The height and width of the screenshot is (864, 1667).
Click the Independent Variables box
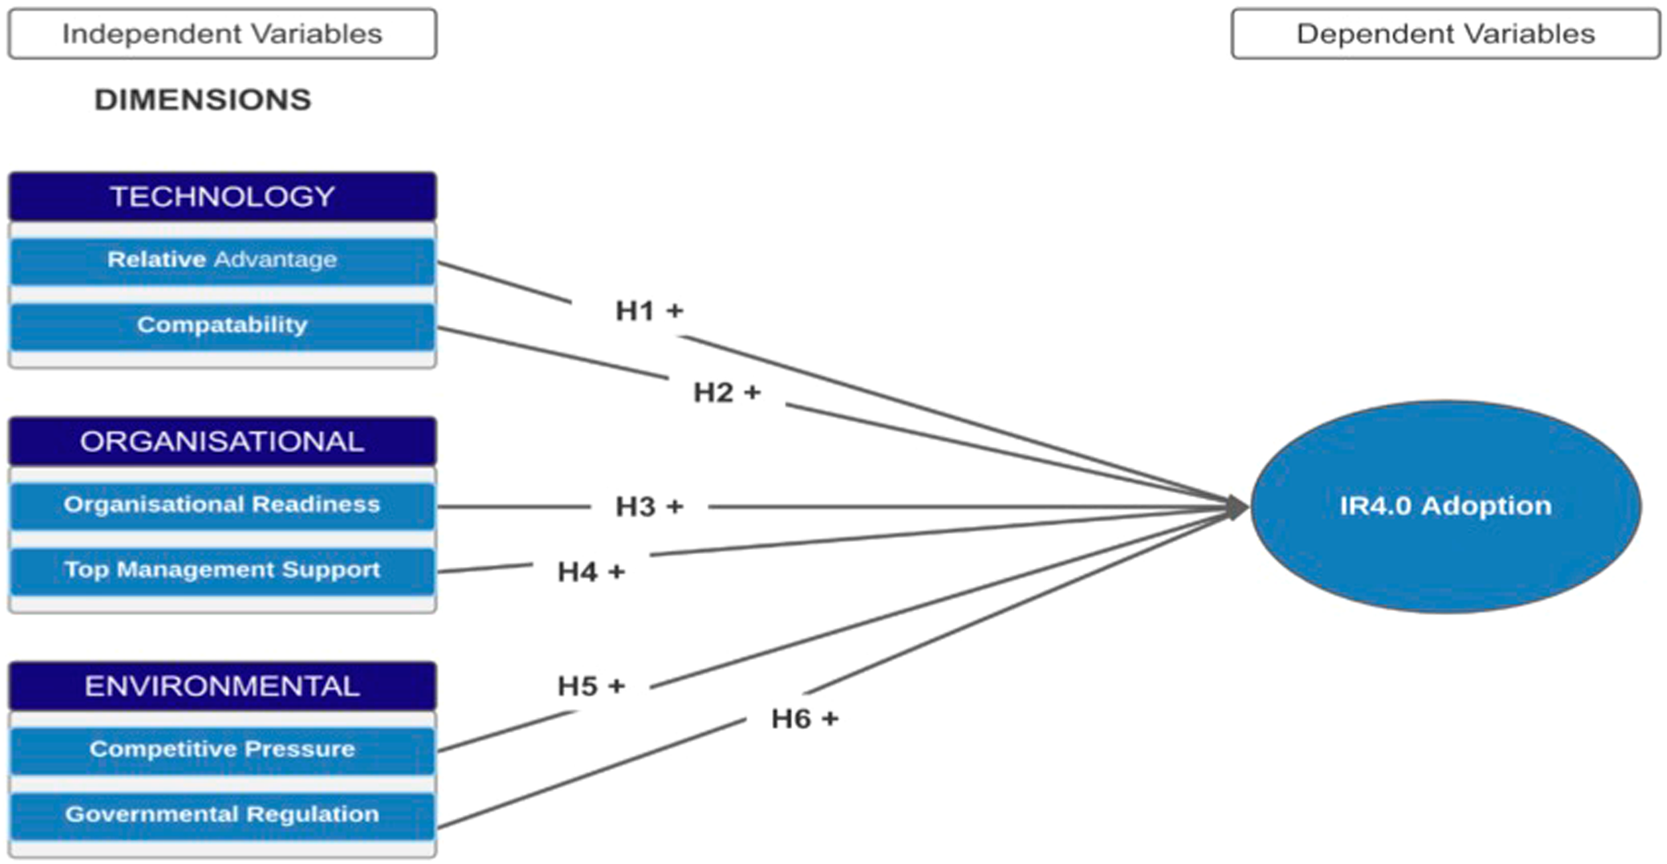(223, 34)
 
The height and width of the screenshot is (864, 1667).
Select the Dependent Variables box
(1445, 34)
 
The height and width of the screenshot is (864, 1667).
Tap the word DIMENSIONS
(202, 100)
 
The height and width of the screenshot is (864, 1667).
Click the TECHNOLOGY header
(223, 197)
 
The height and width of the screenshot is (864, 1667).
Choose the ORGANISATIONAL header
(223, 442)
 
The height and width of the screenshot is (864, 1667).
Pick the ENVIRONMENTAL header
(223, 687)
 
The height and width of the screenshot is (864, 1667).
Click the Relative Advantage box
(223, 260)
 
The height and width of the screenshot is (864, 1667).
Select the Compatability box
(223, 325)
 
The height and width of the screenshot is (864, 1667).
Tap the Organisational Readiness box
(223, 505)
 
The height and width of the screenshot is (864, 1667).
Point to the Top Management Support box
(223, 570)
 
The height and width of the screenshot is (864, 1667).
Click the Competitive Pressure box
(223, 749)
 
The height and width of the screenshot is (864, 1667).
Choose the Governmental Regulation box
(223, 814)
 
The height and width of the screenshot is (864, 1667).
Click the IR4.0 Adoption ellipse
(1445, 506)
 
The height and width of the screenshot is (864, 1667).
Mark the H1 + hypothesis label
(649, 311)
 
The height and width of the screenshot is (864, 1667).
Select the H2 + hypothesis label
(727, 393)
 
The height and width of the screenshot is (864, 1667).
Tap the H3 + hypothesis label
(649, 507)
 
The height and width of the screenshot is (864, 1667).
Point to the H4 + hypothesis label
(591, 572)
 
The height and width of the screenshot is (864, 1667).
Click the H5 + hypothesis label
(591, 687)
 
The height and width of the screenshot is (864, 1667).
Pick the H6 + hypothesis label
(805, 719)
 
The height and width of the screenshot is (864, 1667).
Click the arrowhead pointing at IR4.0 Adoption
(1237, 507)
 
